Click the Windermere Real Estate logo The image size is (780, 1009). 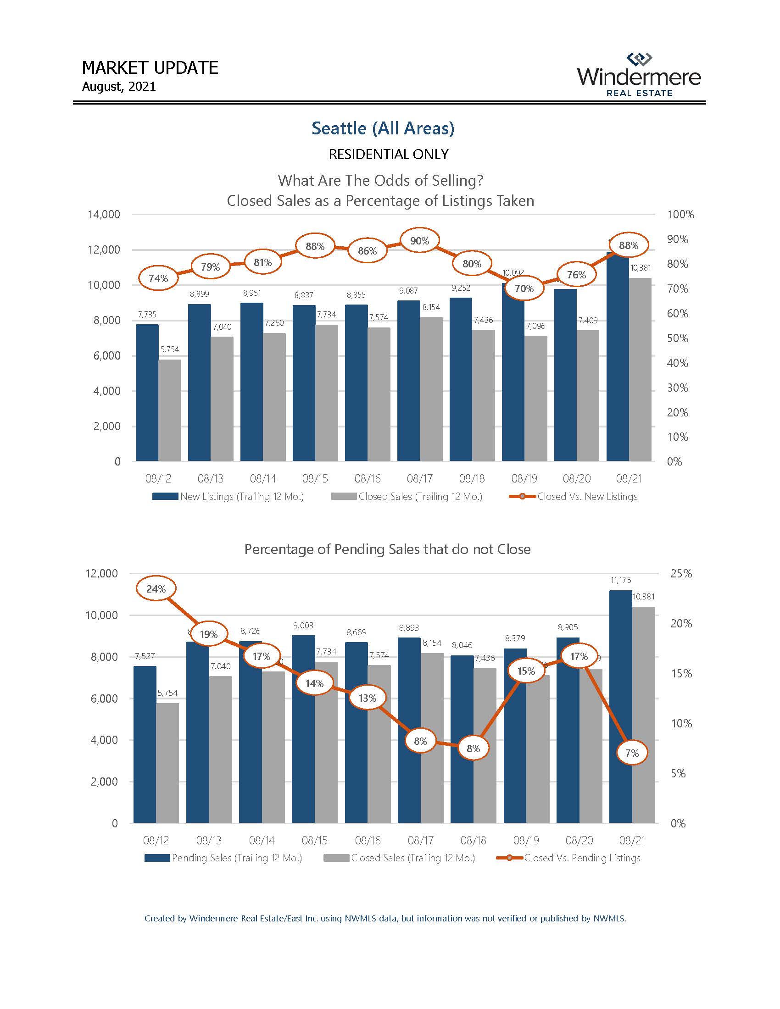click(639, 75)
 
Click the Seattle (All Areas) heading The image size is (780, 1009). click(383, 128)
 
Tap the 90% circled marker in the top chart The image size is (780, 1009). click(419, 240)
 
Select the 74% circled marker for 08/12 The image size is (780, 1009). click(158, 278)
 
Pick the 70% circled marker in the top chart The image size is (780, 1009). click(524, 288)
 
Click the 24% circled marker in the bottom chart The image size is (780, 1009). click(156, 589)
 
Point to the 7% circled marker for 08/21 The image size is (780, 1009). click(632, 753)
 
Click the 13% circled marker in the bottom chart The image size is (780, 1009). click(368, 698)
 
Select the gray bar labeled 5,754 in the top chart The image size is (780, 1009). click(170, 410)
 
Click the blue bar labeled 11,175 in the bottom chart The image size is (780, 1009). click(621, 707)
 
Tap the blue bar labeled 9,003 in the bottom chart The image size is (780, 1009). click(303, 730)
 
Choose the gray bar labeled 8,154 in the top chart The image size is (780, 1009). click(431, 389)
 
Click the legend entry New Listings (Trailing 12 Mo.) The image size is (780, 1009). click(228, 497)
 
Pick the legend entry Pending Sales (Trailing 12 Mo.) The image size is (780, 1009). click(223, 858)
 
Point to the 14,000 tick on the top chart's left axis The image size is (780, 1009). click(104, 214)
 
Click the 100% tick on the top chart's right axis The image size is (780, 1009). click(680, 214)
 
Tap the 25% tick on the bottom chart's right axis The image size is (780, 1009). click(680, 573)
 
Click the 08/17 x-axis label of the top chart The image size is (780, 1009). click(419, 479)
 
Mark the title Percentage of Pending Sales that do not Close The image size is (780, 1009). click(387, 549)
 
